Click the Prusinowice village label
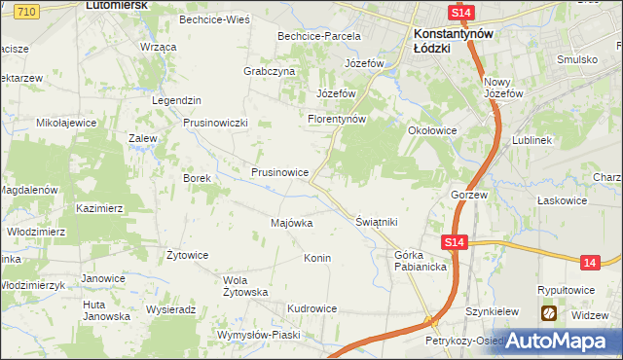279,172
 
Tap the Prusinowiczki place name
217,123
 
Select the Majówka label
291,223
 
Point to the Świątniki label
378,222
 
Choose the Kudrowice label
311,308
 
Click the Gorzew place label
468,195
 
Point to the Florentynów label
336,119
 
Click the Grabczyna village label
269,71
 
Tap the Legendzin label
176,100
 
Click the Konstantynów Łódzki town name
447,40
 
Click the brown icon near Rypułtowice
549,313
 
